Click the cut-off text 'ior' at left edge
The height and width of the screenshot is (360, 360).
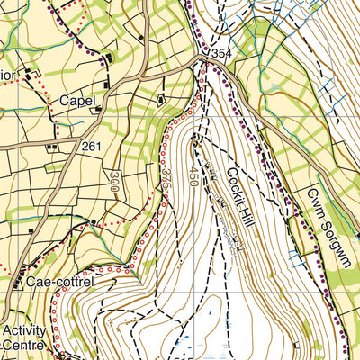(x=5, y=75)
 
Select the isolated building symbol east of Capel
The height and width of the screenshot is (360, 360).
(x=163, y=100)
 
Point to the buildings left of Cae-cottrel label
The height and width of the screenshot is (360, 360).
(x=18, y=284)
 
